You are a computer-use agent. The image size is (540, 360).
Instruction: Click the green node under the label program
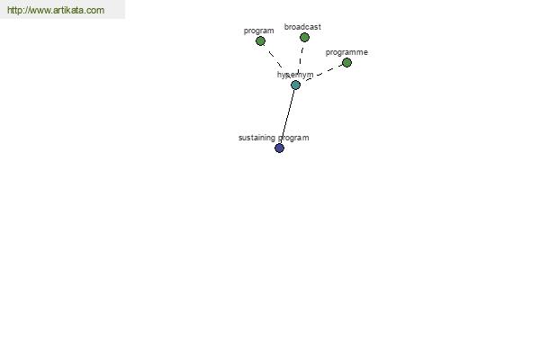pos(260,41)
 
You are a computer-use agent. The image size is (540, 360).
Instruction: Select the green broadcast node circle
pos(304,37)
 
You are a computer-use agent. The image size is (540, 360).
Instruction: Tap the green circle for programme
pos(346,63)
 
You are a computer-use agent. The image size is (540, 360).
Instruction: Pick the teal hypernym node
pos(295,85)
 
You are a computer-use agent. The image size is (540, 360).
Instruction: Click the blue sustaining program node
pos(279,148)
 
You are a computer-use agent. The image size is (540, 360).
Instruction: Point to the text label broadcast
pos(302,27)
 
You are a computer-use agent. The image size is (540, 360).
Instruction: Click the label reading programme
pos(346,52)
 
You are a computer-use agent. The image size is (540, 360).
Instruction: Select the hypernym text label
pos(295,75)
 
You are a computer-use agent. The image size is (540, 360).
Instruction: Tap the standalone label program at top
pos(258,31)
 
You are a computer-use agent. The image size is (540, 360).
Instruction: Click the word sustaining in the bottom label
pos(256,138)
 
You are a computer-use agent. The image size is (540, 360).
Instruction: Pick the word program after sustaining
pos(293,138)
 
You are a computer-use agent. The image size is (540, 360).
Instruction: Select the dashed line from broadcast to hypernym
pos(301,59)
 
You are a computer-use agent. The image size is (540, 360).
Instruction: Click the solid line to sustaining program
pos(288,116)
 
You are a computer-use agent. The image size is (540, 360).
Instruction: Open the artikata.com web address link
pos(56,10)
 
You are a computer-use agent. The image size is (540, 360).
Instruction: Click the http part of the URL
pos(14,10)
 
